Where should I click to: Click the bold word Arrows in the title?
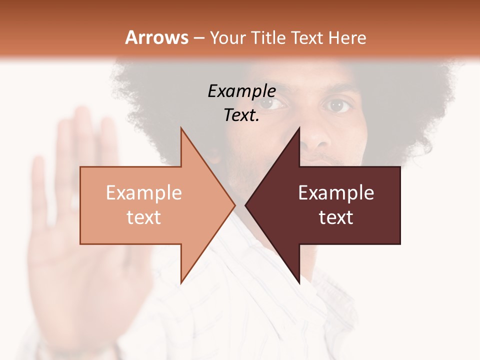(156, 37)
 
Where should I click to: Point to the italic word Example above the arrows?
(241, 91)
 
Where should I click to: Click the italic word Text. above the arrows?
(241, 115)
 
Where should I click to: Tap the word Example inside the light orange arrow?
(143, 192)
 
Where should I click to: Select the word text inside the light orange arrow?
(143, 217)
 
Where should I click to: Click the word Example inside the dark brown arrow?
(336, 192)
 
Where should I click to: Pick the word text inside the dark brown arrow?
(336, 217)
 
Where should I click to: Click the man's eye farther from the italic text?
(338, 105)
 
